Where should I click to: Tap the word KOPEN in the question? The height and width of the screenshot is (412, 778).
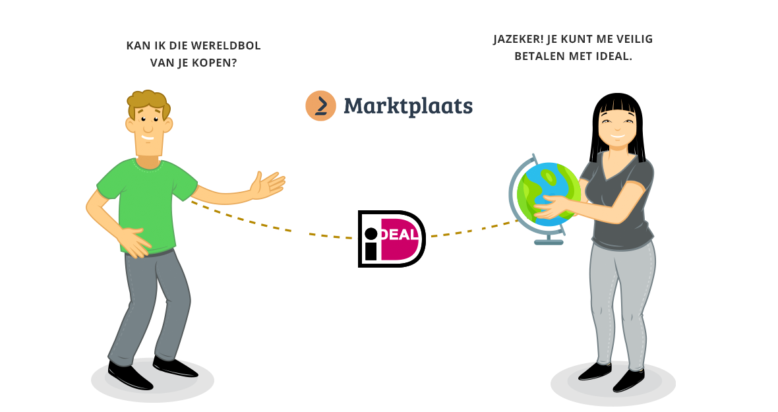click(212, 63)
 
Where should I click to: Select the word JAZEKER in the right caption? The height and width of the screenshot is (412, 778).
click(518, 39)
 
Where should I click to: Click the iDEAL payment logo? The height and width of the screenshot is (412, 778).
click(392, 239)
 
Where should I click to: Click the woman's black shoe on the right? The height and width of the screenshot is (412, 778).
click(628, 379)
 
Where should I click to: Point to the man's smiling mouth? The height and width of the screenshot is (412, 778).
click(149, 138)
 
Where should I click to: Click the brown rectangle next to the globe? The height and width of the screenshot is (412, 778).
click(495, 212)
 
